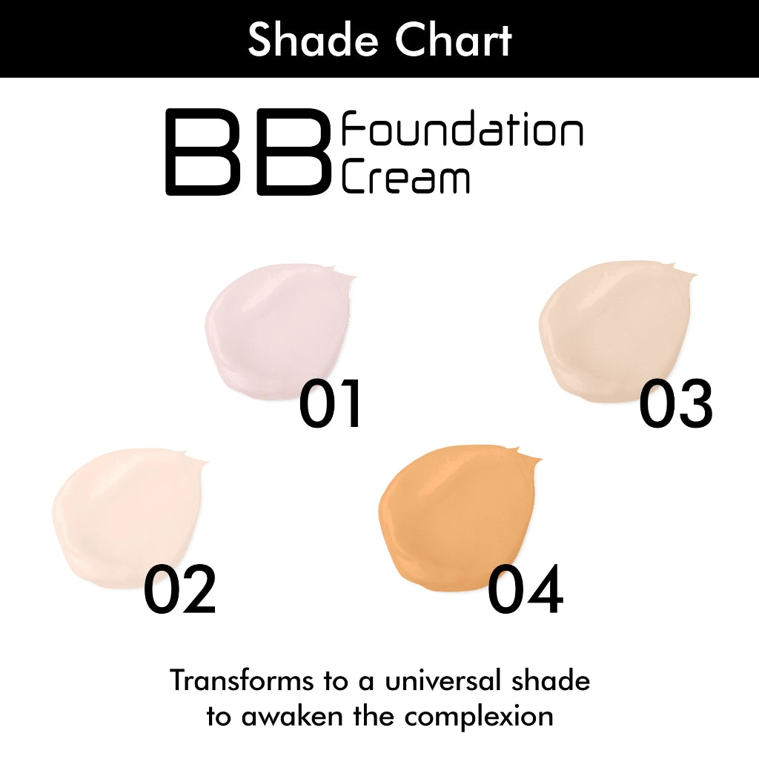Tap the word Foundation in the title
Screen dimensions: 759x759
[x=461, y=132]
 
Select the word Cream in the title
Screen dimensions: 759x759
[x=405, y=178]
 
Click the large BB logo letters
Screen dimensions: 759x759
[x=247, y=153]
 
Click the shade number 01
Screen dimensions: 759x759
[x=331, y=405]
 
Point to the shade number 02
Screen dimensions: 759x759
[x=180, y=591]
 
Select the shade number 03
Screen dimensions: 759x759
[x=675, y=405]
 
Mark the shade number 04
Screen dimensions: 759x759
[x=525, y=591]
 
